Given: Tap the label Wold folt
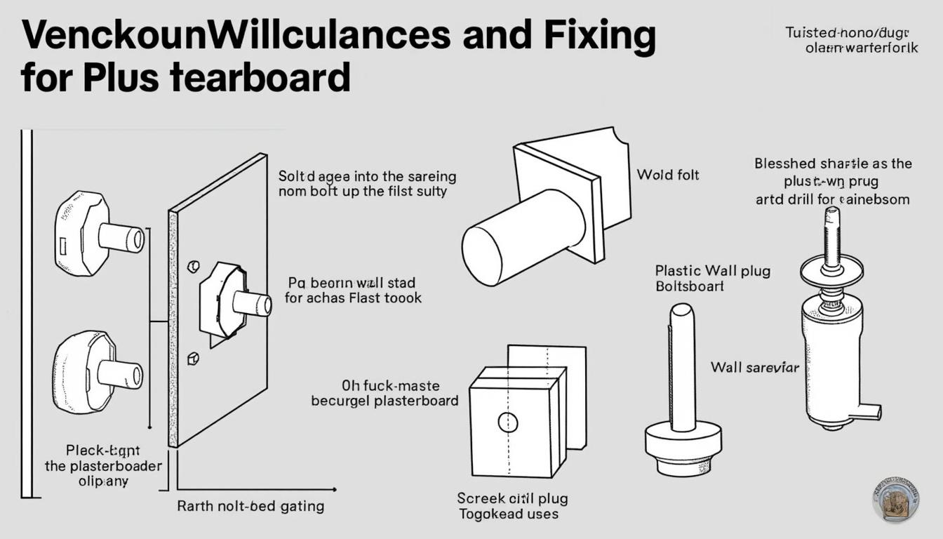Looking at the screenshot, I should click(x=667, y=175).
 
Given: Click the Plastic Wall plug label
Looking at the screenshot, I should click(x=712, y=270).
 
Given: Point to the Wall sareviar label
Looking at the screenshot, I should click(x=754, y=367).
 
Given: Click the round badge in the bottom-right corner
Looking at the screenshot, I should click(x=896, y=500).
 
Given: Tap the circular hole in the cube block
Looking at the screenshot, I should click(x=507, y=422).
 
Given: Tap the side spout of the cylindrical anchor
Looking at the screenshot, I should click(x=868, y=411).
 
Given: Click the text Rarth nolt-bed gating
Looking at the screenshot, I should click(x=250, y=506).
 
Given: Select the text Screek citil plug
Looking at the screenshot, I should click(x=512, y=498).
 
